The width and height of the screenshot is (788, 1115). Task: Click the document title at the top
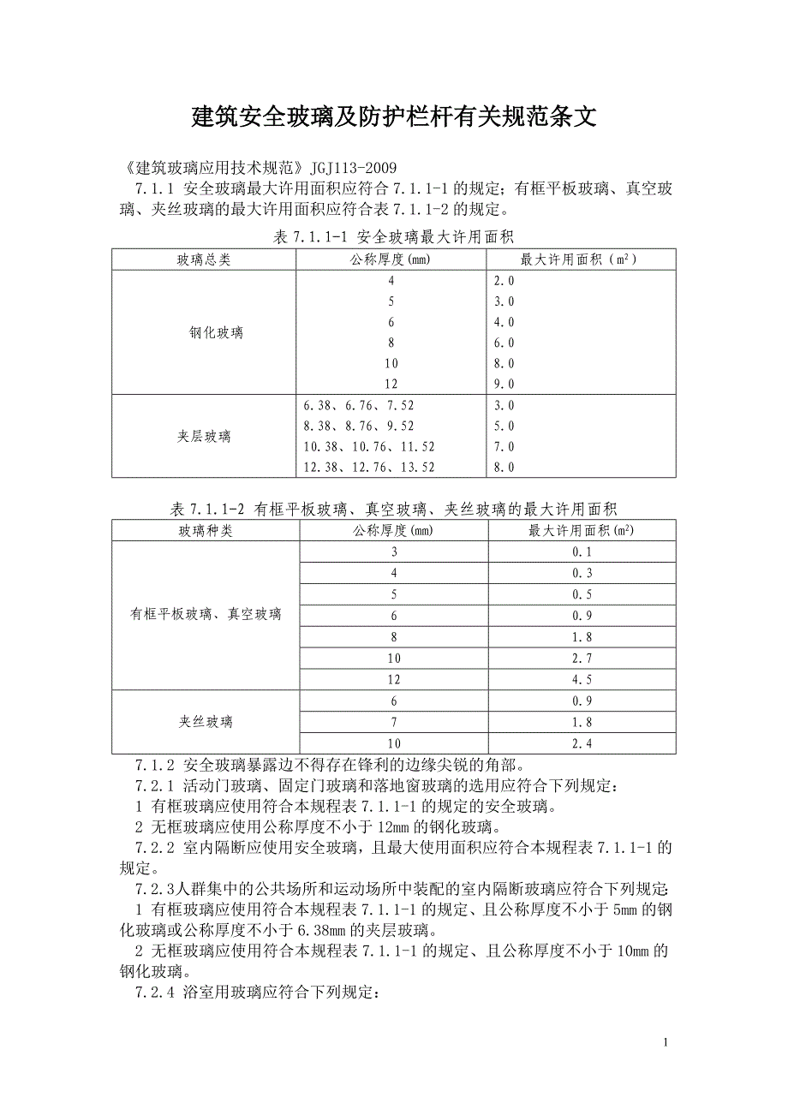(x=393, y=117)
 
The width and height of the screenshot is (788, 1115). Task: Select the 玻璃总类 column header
(x=204, y=259)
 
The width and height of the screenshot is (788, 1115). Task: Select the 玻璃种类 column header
(x=206, y=531)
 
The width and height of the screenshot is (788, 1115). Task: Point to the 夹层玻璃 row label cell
(x=204, y=436)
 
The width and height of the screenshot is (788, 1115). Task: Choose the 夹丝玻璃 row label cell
(x=206, y=722)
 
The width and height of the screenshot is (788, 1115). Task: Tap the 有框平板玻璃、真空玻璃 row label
(x=206, y=614)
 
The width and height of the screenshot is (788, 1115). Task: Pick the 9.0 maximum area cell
(x=504, y=385)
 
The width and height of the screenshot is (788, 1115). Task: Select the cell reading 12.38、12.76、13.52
(x=369, y=467)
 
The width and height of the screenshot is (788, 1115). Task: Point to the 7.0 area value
(x=504, y=446)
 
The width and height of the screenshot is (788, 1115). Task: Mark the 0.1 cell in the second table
(x=582, y=552)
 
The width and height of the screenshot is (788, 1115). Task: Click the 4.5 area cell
(x=582, y=679)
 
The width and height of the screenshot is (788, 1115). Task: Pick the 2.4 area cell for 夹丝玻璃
(x=582, y=743)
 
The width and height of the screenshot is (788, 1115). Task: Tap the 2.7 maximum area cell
(x=582, y=659)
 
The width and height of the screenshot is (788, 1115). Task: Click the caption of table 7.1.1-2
(x=393, y=509)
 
